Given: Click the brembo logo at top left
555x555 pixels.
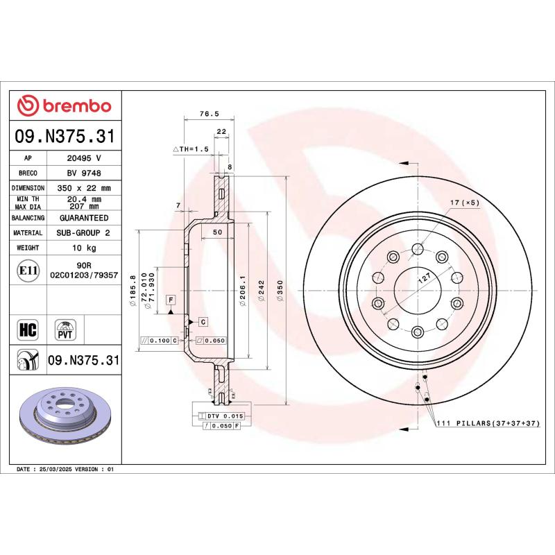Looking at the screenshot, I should pyautogui.click(x=64, y=105).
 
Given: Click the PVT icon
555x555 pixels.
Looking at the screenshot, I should pyautogui.click(x=65, y=328).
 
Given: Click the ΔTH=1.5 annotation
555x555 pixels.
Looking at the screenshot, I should pyautogui.click(x=191, y=149).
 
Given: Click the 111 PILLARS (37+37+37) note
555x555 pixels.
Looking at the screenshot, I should pyautogui.click(x=487, y=422).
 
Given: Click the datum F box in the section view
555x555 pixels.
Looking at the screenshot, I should pyautogui.click(x=169, y=298).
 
